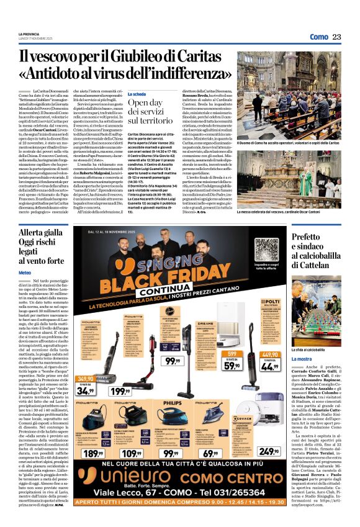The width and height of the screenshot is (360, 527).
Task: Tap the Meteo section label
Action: (x=25, y=273)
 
